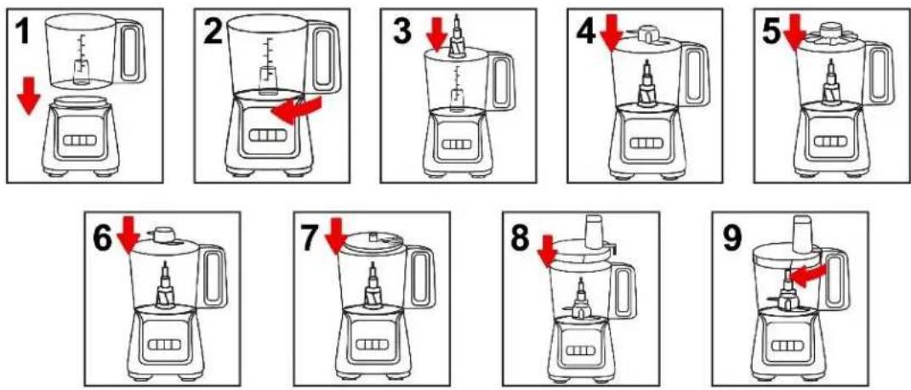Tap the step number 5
tap(772, 32)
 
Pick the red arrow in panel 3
tap(436, 34)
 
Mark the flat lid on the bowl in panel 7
tap(373, 240)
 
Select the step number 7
tap(311, 237)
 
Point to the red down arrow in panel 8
tap(547, 252)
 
